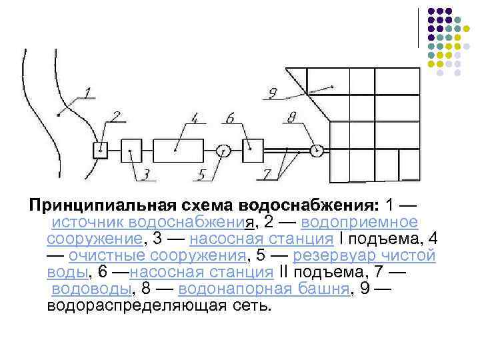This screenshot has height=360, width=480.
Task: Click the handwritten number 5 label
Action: click(201, 175)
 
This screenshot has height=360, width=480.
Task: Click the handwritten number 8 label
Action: click(291, 118)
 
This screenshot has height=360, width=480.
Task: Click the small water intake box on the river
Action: click(100, 150)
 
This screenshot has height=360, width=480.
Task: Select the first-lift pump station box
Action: click(131, 150)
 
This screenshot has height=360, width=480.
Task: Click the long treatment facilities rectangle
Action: click(178, 150)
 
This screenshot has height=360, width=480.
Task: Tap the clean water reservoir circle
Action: click(223, 151)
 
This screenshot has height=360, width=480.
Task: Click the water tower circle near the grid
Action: click(317, 150)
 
